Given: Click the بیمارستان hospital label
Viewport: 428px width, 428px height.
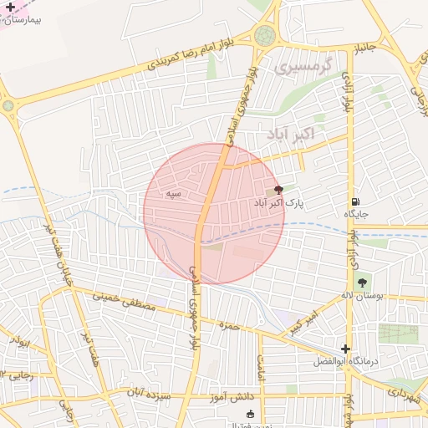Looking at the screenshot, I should (x=29, y=16).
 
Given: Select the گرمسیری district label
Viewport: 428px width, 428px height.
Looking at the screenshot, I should (x=303, y=64).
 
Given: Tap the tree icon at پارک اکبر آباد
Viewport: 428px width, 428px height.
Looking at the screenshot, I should (x=278, y=191).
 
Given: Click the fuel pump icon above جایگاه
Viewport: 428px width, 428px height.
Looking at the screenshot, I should (x=356, y=201).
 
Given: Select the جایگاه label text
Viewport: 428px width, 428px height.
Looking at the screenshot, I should (x=356, y=214).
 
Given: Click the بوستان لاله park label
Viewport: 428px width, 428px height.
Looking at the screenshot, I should (x=361, y=296).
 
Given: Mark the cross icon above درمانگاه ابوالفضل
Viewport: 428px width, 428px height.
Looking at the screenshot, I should (x=345, y=349).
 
